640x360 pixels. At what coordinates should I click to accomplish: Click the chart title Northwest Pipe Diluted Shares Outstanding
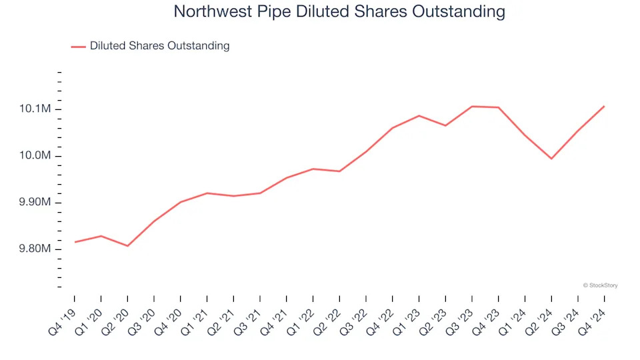click(x=339, y=12)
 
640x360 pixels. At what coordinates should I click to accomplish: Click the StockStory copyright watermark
click(x=600, y=285)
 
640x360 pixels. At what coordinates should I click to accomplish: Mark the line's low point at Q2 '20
click(x=127, y=246)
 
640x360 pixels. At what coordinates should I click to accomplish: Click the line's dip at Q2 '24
click(x=551, y=159)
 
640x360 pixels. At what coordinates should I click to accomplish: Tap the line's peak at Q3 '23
click(x=472, y=107)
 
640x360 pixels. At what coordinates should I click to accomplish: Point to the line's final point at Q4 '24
click(x=604, y=106)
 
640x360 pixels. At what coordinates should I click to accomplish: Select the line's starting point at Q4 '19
click(x=75, y=242)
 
